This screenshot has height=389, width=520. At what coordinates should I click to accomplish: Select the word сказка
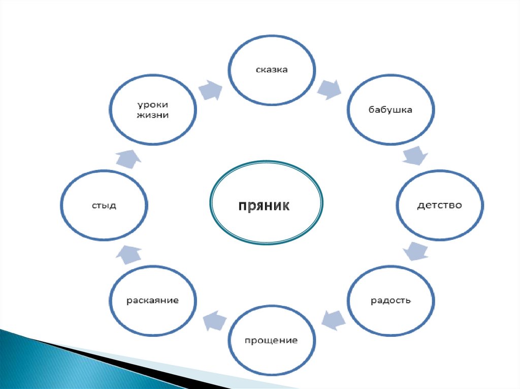click(271, 69)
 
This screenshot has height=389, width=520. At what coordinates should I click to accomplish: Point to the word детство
click(439, 205)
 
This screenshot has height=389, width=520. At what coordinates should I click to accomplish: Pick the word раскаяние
click(152, 300)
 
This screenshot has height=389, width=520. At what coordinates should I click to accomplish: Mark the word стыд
click(104, 205)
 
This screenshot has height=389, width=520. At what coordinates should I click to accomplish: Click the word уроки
click(152, 104)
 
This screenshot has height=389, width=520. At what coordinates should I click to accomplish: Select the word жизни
click(152, 115)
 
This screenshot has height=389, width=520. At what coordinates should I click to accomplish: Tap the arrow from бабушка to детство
click(414, 155)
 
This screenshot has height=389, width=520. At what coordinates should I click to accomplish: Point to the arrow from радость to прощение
click(333, 319)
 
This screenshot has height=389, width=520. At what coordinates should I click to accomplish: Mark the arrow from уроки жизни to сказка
click(210, 90)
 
